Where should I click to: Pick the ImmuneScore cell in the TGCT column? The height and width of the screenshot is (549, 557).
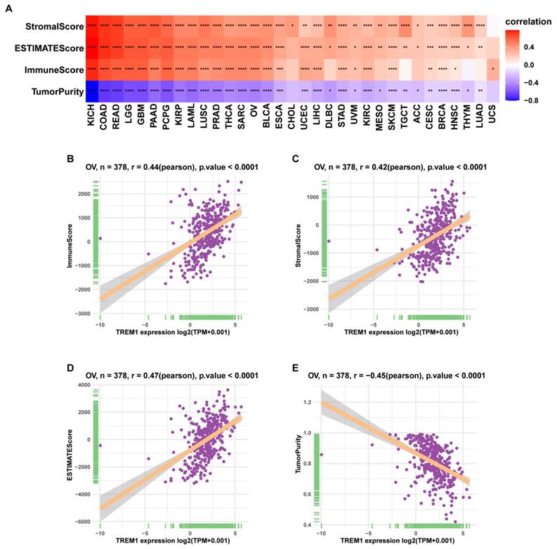[x=405, y=70]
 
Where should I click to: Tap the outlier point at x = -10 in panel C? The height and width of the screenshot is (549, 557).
[x=328, y=242]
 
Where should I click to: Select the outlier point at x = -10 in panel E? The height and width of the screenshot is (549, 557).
[x=322, y=454]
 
